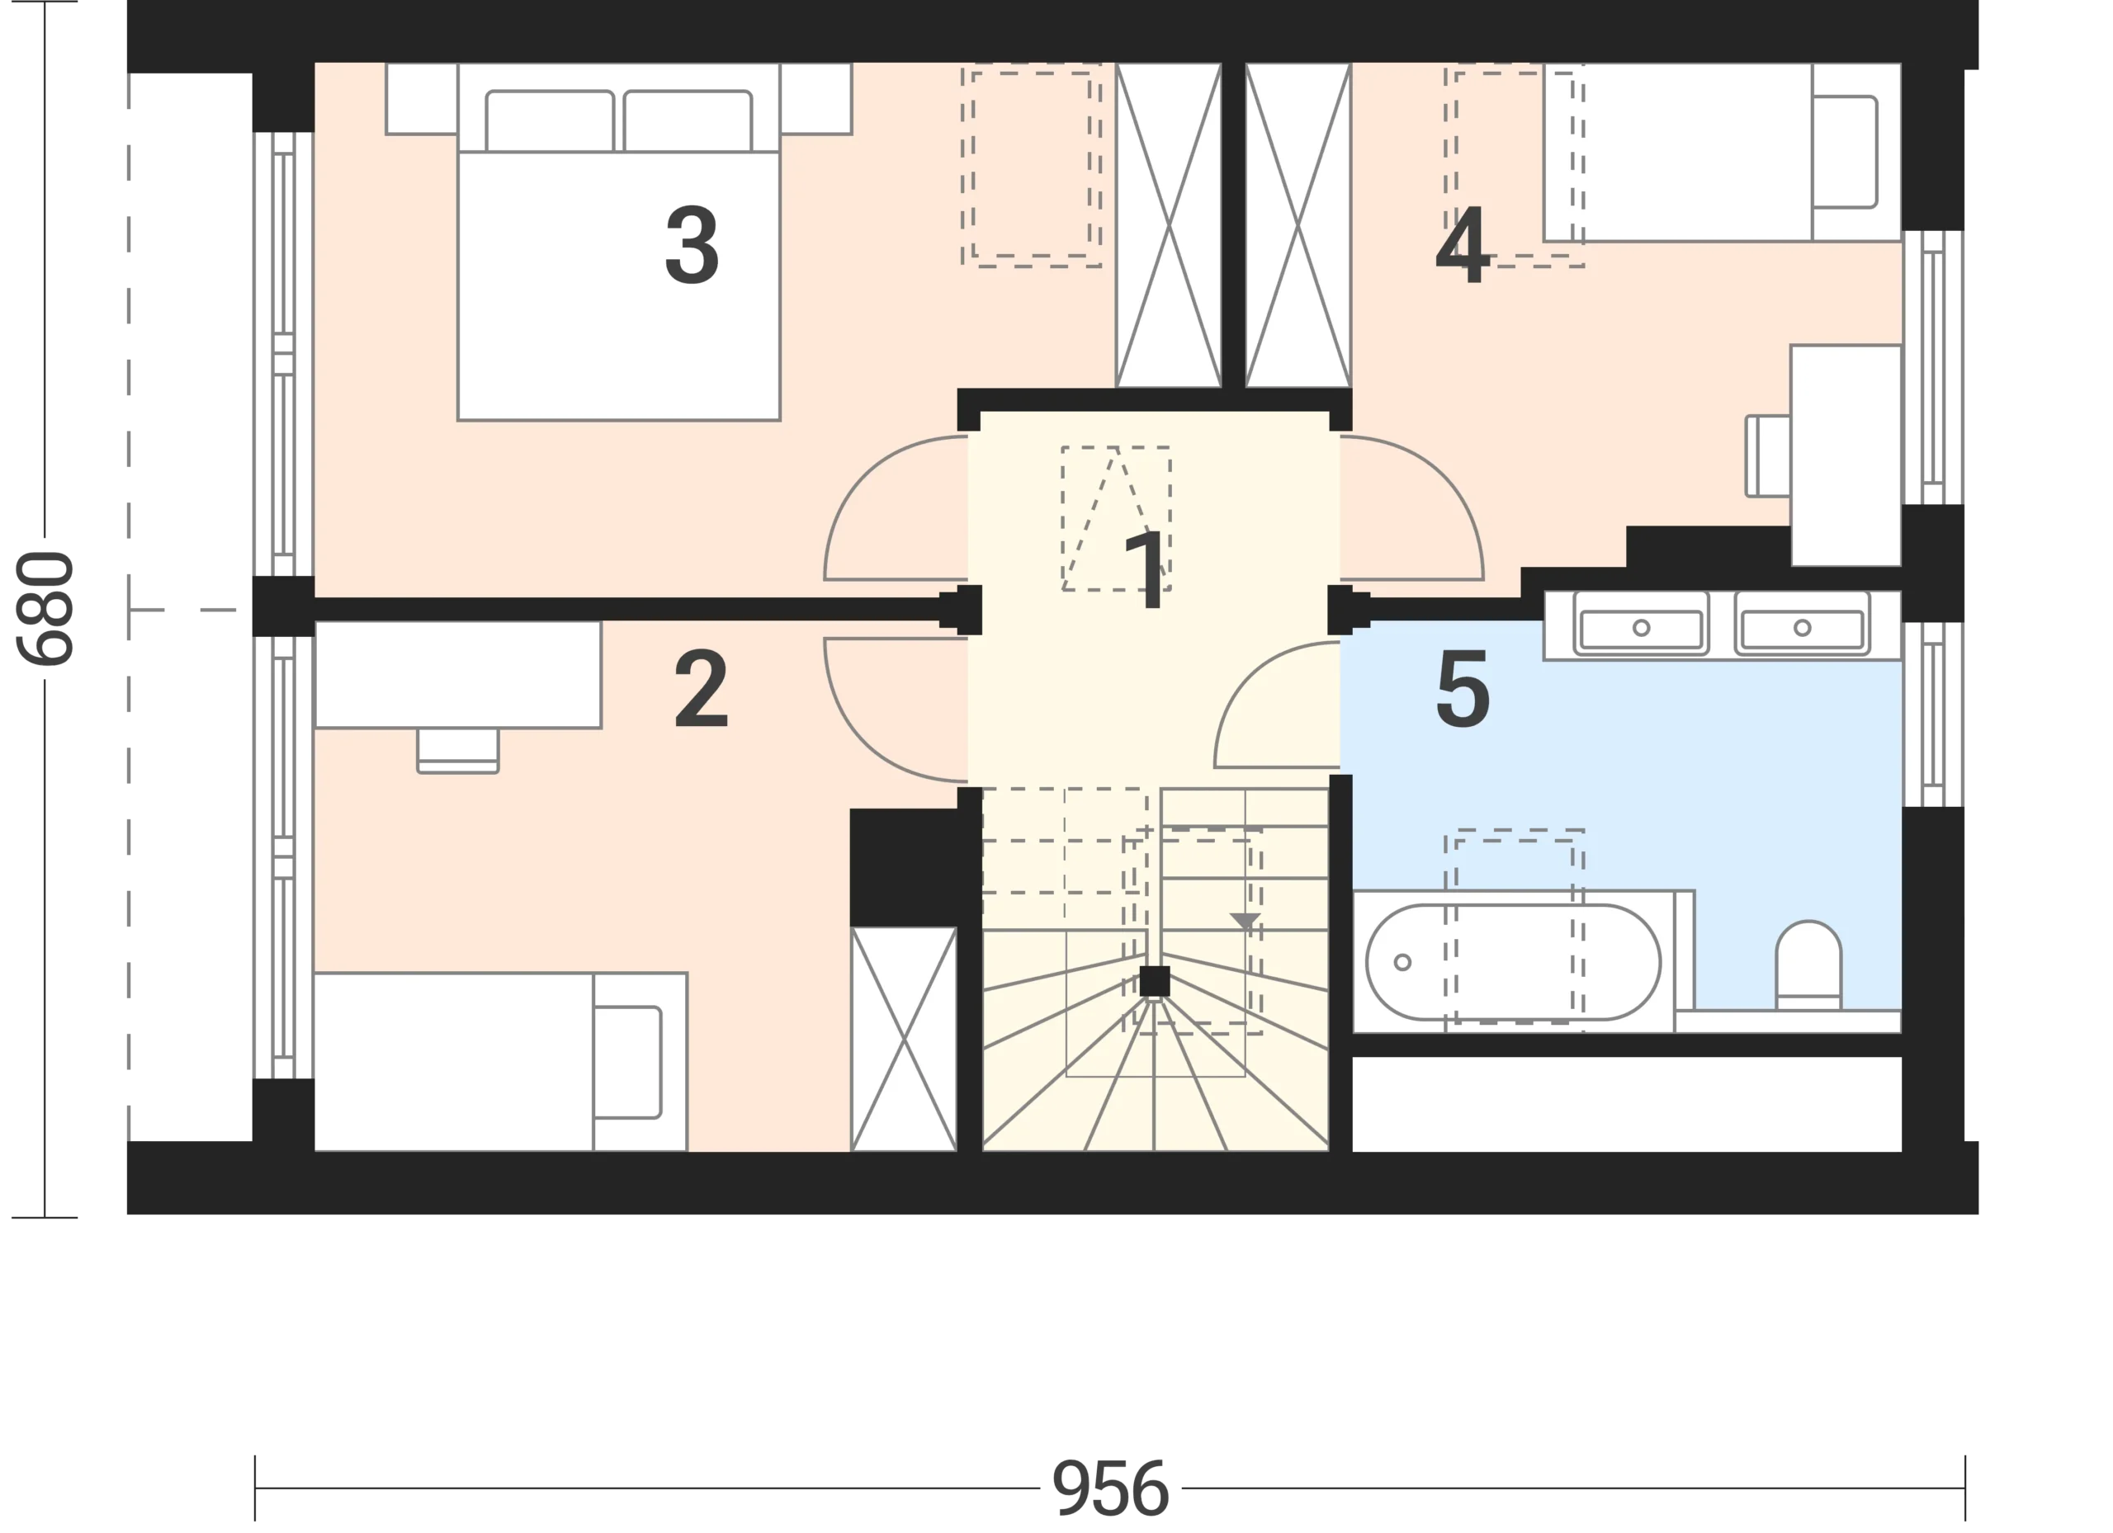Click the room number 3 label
click(x=692, y=245)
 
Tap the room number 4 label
click(x=1463, y=245)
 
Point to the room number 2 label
click(x=701, y=689)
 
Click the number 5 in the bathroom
click(x=1463, y=689)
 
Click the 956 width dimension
click(x=1109, y=1488)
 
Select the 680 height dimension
click(x=45, y=608)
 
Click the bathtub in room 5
click(x=1513, y=962)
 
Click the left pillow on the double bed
click(x=550, y=120)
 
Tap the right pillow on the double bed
click(x=688, y=120)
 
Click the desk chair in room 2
click(x=457, y=751)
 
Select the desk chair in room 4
click(x=1767, y=455)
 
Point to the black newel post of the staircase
click(x=1155, y=982)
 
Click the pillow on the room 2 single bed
click(x=627, y=1063)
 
